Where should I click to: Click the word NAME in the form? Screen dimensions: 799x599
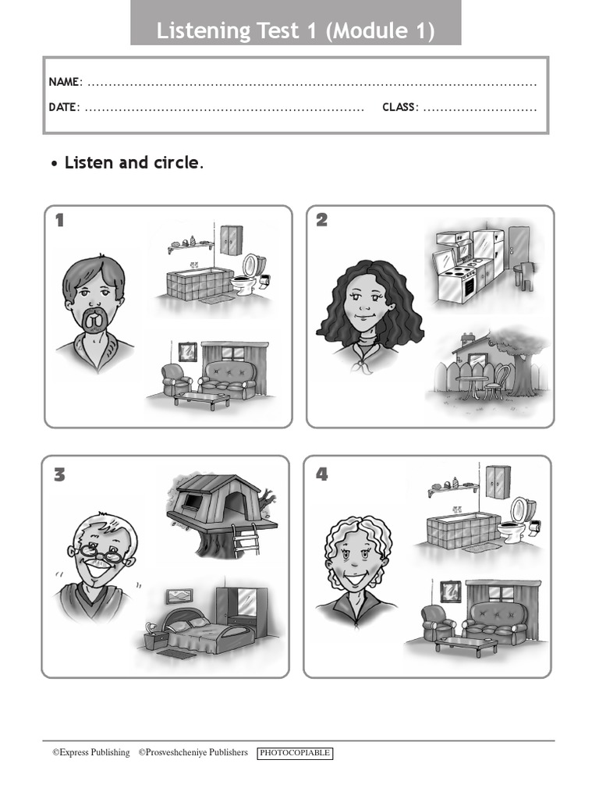pyautogui.click(x=64, y=82)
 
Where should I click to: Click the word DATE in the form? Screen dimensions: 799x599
pyautogui.click(x=63, y=107)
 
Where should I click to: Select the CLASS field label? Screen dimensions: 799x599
pyautogui.click(x=400, y=107)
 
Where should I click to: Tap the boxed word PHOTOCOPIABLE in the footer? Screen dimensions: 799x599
pyautogui.click(x=295, y=753)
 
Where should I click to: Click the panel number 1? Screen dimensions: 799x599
pyautogui.click(x=59, y=221)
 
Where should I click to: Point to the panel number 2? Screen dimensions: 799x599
pyautogui.click(x=321, y=221)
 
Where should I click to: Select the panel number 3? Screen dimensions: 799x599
pyautogui.click(x=59, y=474)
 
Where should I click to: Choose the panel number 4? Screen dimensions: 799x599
pyautogui.click(x=321, y=474)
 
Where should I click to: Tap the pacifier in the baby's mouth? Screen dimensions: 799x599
pyautogui.click(x=94, y=320)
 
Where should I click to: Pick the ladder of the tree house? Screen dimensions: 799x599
pyautogui.click(x=245, y=539)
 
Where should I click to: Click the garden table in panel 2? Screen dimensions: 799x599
pyautogui.click(x=473, y=383)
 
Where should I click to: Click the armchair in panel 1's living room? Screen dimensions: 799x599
pyautogui.click(x=175, y=378)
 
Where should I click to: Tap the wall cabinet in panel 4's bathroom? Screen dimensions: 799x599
pyautogui.click(x=497, y=481)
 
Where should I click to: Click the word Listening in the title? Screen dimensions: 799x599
pyautogui.click(x=199, y=31)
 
